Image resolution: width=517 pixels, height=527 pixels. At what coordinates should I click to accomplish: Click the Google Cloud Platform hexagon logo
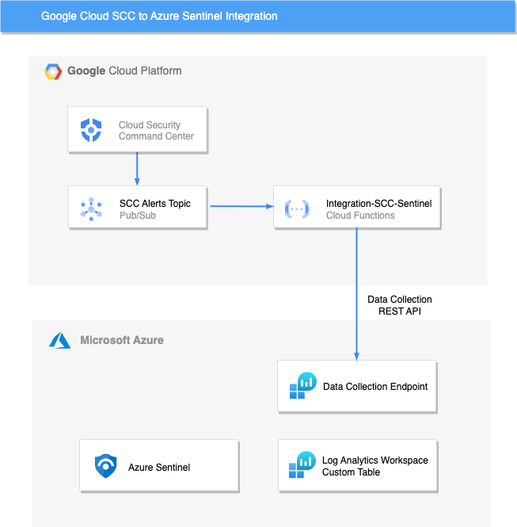tap(53, 71)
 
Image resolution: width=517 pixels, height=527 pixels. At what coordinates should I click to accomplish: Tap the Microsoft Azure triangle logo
tap(60, 341)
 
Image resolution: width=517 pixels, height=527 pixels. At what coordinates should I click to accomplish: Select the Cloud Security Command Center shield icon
tap(91, 130)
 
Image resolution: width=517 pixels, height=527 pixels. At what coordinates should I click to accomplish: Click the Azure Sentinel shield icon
tap(105, 467)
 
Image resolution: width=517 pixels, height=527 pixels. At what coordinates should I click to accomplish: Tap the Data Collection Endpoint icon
tap(302, 386)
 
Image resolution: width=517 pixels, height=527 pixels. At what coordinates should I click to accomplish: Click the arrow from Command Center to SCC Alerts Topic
tap(138, 169)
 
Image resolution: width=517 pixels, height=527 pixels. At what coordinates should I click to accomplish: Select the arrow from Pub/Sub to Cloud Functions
tap(241, 207)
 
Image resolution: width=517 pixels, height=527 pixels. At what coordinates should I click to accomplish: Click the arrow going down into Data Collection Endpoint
tap(356, 293)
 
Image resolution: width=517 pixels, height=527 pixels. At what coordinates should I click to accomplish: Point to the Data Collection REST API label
tap(400, 305)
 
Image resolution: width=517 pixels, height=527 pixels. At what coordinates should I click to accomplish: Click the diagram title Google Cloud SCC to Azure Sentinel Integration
tap(159, 16)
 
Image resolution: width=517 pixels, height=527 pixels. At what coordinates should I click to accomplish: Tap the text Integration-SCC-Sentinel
tap(378, 204)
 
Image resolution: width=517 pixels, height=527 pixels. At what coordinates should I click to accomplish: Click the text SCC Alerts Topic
tap(155, 204)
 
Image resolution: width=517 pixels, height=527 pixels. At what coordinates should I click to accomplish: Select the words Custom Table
tap(351, 472)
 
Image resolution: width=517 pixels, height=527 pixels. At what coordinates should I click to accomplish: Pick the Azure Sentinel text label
tap(159, 468)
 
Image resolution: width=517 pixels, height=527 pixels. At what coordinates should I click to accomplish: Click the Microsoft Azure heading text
tap(122, 340)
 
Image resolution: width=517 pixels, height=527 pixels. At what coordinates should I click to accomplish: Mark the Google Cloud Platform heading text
tap(124, 71)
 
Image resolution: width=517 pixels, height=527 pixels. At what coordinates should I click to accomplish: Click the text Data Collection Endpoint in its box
tap(375, 387)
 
